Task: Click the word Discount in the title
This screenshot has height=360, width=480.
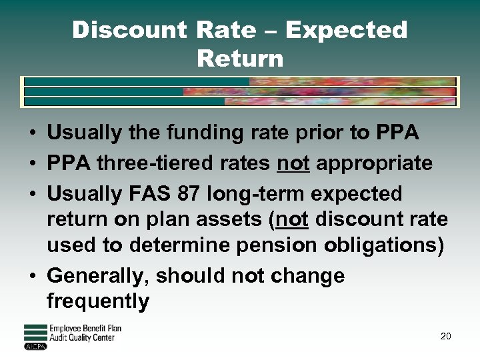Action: [129, 30]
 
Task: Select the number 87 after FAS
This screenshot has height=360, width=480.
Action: [191, 194]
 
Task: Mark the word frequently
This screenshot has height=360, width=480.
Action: [98, 301]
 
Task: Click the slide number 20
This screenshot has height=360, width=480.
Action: [445, 336]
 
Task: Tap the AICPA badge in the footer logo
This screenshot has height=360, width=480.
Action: [35, 346]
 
